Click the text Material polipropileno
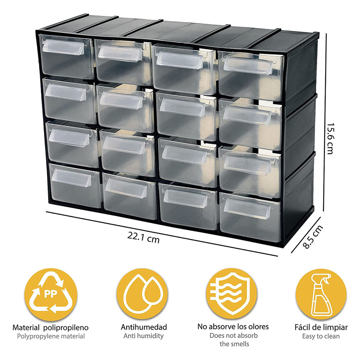tap(51, 328)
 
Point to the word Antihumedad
tap(143, 327)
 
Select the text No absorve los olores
tap(233, 327)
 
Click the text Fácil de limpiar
tap(321, 327)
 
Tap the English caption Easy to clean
tap(321, 336)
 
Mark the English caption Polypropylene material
tap(51, 336)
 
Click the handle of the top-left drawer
tap(64, 47)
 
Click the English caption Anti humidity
tap(143, 336)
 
